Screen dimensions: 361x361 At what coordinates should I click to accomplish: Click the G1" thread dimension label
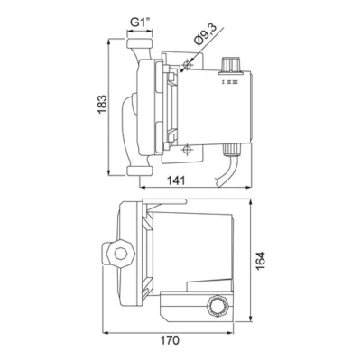pyautogui.click(x=140, y=23)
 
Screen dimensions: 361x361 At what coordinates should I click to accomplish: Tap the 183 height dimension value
pyautogui.click(x=102, y=104)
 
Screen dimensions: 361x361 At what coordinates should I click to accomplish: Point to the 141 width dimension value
pyautogui.click(x=176, y=180)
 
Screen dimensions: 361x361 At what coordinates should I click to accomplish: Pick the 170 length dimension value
pyautogui.click(x=169, y=340)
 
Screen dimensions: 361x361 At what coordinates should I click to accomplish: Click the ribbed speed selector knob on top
pyautogui.click(x=229, y=65)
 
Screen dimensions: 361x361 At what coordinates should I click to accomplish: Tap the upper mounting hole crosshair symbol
pyautogui.click(x=187, y=65)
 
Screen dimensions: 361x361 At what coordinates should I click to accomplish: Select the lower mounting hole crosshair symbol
pyautogui.click(x=187, y=150)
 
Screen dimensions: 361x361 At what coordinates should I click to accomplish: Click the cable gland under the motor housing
pyautogui.click(x=231, y=150)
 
